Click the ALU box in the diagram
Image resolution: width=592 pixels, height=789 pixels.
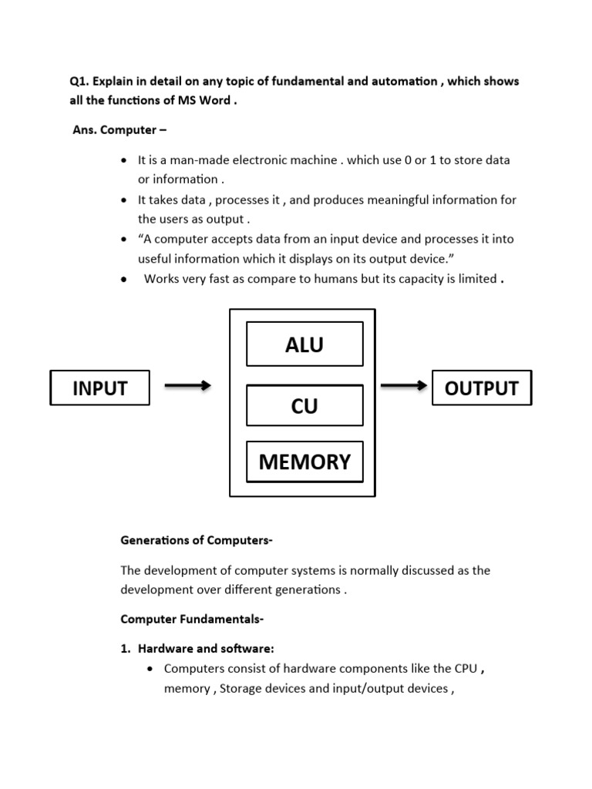(x=304, y=344)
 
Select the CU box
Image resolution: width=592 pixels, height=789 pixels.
(x=304, y=406)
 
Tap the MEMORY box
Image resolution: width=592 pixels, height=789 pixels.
(x=304, y=462)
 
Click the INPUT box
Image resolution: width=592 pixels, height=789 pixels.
(x=99, y=388)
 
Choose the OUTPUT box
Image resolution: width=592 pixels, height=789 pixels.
(x=482, y=388)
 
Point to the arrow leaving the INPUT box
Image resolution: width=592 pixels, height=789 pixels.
(x=187, y=386)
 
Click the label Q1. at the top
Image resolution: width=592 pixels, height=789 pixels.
(x=79, y=82)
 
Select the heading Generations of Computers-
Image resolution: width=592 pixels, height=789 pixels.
(x=197, y=540)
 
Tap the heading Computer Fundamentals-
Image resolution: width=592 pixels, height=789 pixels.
(x=192, y=619)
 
